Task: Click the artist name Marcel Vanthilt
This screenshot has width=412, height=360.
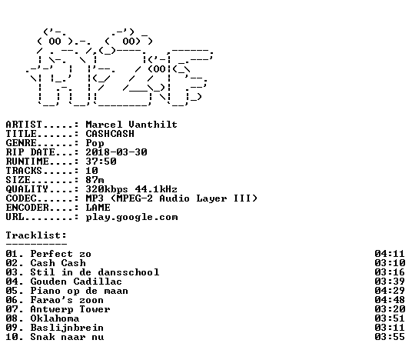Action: [131, 125]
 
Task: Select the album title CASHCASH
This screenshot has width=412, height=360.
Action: [110, 134]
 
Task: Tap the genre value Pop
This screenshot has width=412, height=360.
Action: [95, 143]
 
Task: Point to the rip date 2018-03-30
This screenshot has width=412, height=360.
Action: [116, 152]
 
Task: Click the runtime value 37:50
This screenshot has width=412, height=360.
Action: [101, 162]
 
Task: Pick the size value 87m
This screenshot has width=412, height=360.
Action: [95, 180]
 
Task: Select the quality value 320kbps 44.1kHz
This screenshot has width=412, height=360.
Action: [131, 189]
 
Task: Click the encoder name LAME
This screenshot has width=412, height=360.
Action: [98, 208]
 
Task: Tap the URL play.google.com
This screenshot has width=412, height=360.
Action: [131, 217]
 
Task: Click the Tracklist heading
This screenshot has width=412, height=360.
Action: [36, 235]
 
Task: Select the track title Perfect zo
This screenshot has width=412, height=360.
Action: [61, 254]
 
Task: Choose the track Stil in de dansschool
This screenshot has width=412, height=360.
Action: [95, 272]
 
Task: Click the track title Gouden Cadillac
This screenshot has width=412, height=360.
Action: [76, 282]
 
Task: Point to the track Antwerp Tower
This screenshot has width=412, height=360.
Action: [70, 309]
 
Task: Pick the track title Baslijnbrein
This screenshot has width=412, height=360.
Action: [67, 328]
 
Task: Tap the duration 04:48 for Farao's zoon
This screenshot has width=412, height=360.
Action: [390, 300]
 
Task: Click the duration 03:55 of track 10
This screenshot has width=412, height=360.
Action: [390, 337]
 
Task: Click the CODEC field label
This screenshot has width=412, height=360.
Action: [22, 198]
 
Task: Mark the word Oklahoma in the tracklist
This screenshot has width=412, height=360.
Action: [55, 318]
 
